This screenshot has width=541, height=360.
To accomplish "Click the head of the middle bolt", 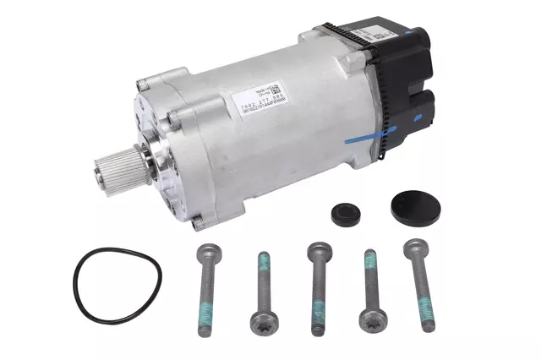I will (318, 249).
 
